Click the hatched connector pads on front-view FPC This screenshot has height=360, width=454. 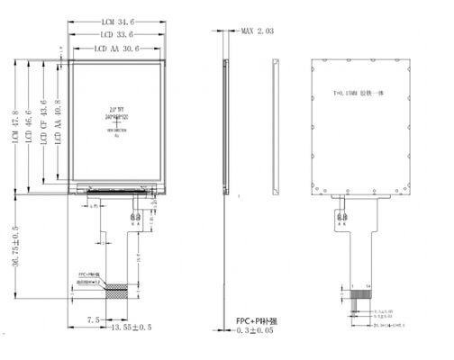point(116,291)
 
